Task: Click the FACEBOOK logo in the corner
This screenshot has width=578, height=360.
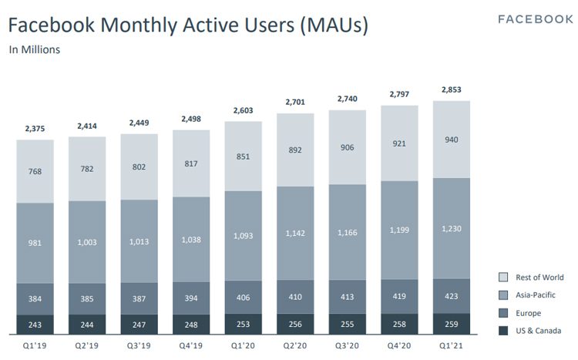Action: (536, 19)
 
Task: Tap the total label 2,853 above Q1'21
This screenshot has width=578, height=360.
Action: (452, 90)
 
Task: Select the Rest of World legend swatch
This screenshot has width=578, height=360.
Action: (503, 277)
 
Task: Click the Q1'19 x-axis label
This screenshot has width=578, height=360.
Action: (35, 345)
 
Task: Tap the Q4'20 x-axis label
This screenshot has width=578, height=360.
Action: (400, 345)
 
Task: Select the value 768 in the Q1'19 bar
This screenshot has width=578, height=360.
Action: (35, 171)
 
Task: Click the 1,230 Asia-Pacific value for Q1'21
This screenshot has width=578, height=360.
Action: (452, 229)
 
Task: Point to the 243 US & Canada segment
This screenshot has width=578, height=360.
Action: (35, 325)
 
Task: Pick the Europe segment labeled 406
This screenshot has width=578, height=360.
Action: (244, 297)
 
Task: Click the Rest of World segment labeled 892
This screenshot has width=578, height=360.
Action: (296, 150)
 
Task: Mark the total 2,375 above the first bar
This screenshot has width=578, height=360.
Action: (35, 128)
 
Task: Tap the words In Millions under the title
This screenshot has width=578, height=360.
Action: (35, 50)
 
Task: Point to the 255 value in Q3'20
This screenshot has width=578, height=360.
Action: (348, 325)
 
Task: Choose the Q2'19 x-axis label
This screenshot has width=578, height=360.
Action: (87, 345)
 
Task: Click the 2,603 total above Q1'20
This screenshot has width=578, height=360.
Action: (244, 111)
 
